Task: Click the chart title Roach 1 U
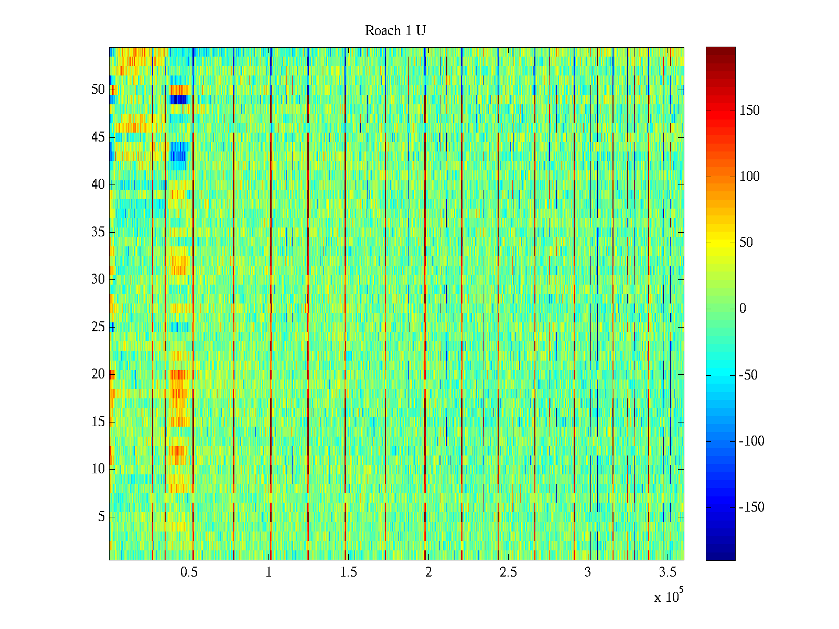(395, 31)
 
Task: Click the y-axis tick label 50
(98, 90)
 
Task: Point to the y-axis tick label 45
(98, 137)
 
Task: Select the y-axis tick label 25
(98, 327)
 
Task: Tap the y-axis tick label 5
(101, 517)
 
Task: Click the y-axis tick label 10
(98, 469)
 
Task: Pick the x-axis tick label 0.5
(189, 572)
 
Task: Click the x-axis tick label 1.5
(348, 572)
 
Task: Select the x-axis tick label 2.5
(508, 572)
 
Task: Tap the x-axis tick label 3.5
(667, 572)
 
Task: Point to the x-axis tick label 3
(587, 572)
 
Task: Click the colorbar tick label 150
(749, 111)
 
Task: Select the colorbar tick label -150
(751, 507)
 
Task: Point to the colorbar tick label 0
(743, 309)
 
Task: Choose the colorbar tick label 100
(749, 177)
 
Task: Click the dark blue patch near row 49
(179, 99)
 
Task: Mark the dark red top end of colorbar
(720, 50)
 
